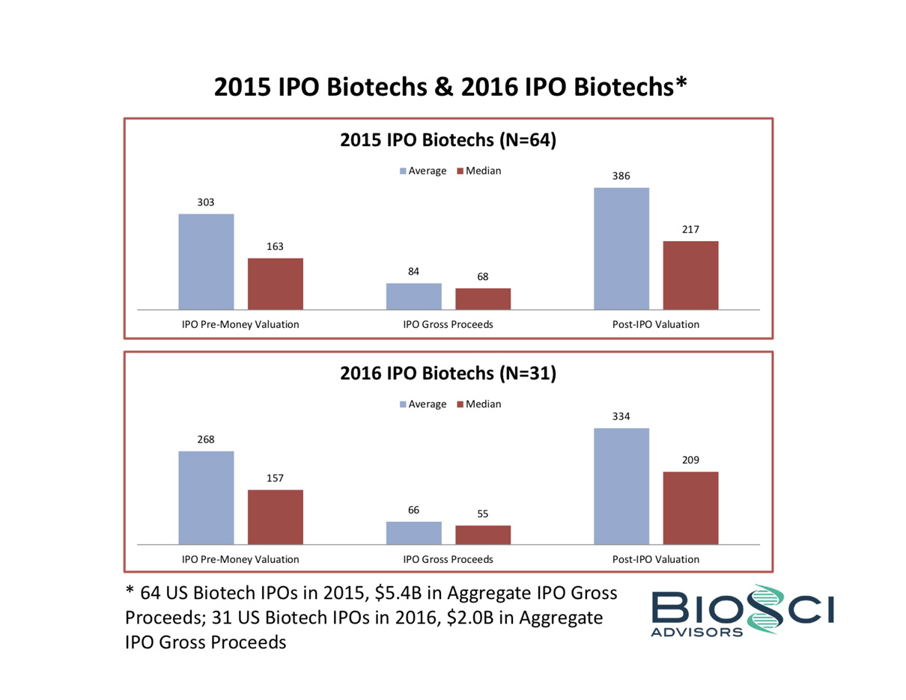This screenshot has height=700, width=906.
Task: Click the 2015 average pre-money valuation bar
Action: (206, 261)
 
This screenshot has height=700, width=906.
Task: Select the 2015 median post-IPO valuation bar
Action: (690, 275)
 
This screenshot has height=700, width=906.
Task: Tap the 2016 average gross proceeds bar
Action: (413, 532)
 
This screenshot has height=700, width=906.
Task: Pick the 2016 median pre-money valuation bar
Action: (275, 517)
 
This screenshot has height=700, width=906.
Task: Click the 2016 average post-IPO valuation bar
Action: (621, 486)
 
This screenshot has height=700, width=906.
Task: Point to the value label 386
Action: (621, 176)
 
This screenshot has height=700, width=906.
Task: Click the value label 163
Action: (275, 246)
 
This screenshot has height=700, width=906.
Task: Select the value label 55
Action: (483, 514)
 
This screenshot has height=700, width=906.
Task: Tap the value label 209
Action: (690, 460)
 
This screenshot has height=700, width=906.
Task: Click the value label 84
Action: (413, 272)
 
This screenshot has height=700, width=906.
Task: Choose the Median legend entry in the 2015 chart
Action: (478, 171)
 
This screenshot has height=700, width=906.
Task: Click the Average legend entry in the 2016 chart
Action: (424, 404)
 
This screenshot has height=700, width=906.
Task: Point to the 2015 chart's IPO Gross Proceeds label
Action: (448, 325)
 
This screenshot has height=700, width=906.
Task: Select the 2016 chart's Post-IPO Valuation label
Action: (655, 559)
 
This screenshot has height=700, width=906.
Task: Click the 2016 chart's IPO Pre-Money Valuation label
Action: (240, 559)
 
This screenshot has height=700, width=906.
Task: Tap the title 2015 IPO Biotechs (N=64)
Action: (448, 140)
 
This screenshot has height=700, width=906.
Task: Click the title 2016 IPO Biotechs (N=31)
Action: (448, 374)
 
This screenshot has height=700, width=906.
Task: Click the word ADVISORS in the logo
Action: (696, 632)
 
